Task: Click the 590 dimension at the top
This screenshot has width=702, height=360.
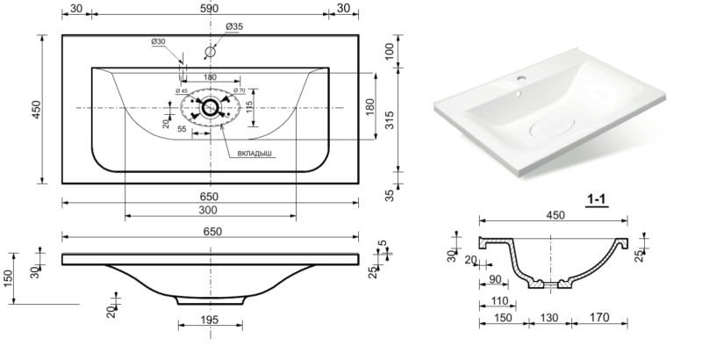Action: tap(210, 9)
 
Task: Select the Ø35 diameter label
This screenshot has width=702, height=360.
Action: tap(233, 27)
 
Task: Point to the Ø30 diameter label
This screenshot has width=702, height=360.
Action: tap(159, 41)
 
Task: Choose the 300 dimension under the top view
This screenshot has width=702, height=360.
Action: tap(209, 211)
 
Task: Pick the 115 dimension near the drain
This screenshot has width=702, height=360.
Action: tap(249, 108)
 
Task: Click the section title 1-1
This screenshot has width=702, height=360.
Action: tap(597, 201)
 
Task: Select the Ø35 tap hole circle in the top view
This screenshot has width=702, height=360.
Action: tap(210, 52)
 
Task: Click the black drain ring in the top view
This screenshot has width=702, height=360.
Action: tap(210, 108)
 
